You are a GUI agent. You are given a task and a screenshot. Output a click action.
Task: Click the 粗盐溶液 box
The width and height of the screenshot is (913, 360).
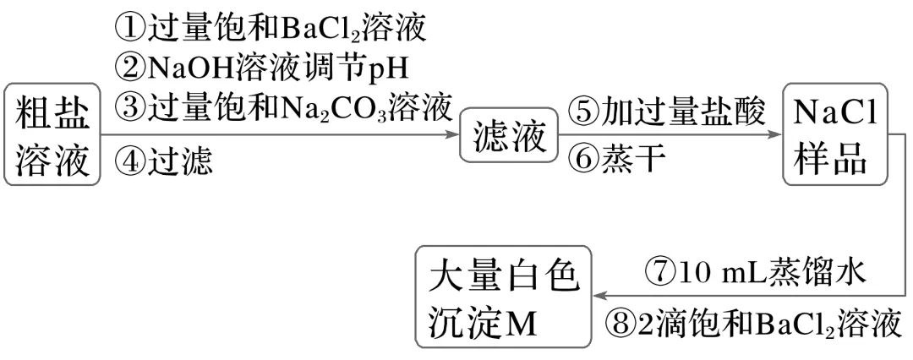(52, 135)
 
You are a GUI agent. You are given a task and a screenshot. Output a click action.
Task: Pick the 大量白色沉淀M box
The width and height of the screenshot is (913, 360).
(505, 297)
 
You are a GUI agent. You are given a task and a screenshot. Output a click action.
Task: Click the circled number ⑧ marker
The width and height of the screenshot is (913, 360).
(621, 323)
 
